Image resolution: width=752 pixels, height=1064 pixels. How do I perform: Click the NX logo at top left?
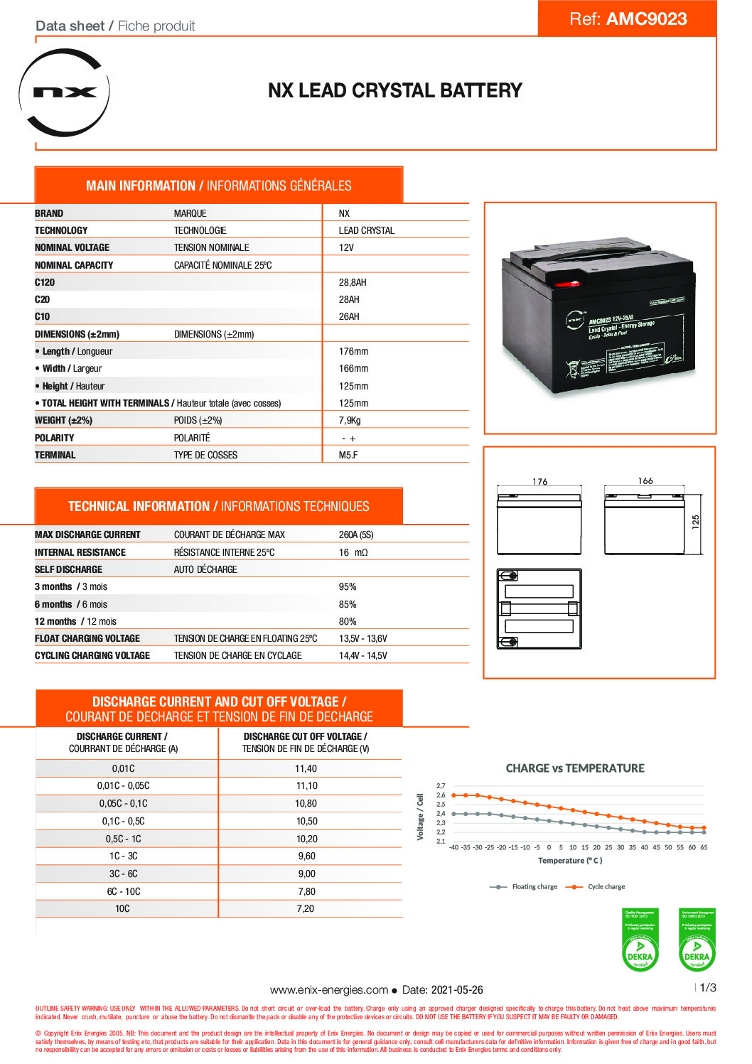[64, 92]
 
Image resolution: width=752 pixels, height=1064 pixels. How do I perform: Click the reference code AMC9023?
[646, 19]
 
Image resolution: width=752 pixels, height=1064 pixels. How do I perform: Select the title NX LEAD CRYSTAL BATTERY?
[394, 91]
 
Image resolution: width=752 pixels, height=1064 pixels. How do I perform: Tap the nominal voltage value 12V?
[346, 248]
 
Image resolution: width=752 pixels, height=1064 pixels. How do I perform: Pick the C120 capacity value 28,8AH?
[353, 282]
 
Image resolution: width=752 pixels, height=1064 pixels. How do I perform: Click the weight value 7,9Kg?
[350, 421]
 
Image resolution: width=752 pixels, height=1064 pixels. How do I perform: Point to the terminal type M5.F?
[348, 456]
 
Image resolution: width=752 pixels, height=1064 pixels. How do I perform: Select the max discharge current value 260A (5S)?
[356, 535]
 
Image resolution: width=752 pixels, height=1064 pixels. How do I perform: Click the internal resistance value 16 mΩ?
[353, 553]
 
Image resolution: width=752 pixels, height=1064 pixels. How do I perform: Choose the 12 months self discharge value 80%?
[348, 622]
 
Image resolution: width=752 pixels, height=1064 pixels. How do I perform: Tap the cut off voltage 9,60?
[306, 856]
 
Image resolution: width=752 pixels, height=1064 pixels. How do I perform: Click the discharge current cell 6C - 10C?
[124, 892]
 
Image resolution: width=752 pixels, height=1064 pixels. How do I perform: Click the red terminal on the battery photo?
[567, 284]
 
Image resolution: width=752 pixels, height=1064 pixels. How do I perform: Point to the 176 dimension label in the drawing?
[540, 482]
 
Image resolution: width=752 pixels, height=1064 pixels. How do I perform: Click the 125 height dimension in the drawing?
[696, 521]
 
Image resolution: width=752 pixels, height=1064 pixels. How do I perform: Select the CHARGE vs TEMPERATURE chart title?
[575, 768]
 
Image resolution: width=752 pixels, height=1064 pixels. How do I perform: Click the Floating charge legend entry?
[534, 887]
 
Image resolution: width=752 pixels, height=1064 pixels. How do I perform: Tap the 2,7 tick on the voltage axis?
[441, 786]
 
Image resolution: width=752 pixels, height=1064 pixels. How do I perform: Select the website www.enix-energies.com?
[328, 990]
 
